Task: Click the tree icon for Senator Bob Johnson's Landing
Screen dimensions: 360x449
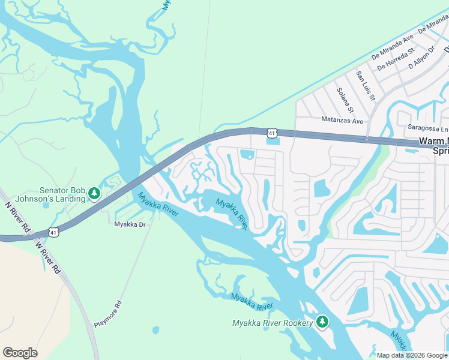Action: point(94,193)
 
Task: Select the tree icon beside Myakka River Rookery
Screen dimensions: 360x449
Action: point(322,323)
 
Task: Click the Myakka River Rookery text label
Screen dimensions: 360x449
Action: point(273,323)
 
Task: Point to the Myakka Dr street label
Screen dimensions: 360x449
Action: point(130,224)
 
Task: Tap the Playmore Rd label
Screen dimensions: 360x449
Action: point(108,313)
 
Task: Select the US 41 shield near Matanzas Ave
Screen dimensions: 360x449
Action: point(273,132)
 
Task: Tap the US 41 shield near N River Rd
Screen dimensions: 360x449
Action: point(53,231)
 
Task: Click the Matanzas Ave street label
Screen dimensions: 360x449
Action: point(342,121)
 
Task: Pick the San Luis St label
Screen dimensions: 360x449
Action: point(365,85)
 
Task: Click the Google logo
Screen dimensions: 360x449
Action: point(20,353)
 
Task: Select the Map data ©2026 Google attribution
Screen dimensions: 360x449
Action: point(411,355)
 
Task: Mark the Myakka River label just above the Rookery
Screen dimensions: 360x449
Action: point(252,301)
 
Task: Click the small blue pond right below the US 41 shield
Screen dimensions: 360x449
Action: point(273,142)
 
